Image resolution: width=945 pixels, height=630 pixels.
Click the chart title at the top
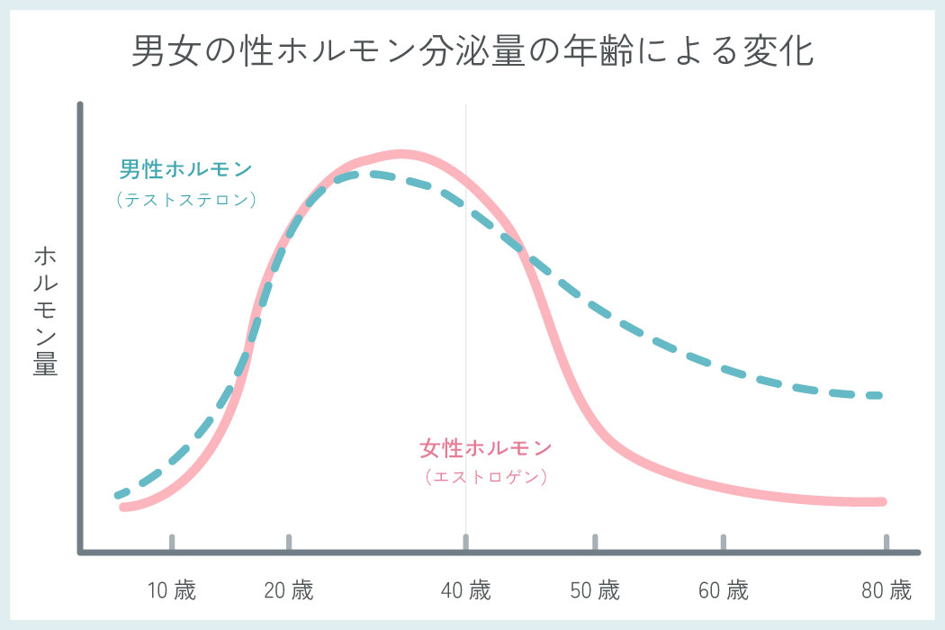(x=472, y=52)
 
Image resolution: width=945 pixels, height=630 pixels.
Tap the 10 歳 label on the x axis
(x=171, y=591)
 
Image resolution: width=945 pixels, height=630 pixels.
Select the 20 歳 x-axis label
(x=289, y=591)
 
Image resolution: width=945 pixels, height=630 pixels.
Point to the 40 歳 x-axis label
(x=466, y=591)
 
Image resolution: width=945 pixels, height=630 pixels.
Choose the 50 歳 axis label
(x=595, y=591)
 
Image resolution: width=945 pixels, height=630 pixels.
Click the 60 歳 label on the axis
(x=724, y=591)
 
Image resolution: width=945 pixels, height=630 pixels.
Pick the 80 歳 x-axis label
(x=886, y=591)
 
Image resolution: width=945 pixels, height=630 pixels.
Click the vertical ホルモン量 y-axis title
(x=45, y=310)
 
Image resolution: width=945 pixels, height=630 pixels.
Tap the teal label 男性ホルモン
(x=186, y=169)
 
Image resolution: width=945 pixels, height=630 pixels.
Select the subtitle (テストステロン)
(x=186, y=200)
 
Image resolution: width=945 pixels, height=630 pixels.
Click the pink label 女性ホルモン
(x=485, y=447)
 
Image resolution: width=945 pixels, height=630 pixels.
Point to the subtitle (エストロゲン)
(x=485, y=477)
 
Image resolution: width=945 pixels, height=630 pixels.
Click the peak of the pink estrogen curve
(x=401, y=155)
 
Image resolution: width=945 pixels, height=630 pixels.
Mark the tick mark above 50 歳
(x=595, y=542)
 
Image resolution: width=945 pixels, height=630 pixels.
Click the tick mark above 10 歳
(x=171, y=542)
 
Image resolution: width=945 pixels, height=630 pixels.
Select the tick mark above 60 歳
(x=724, y=542)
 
